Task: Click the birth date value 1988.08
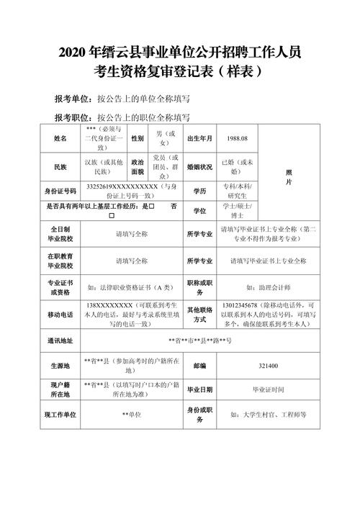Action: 237,138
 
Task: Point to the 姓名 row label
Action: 59,138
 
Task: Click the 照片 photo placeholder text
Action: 289,178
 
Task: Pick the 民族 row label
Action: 59,167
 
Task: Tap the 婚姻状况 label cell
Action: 200,167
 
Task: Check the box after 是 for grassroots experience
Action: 152,206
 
